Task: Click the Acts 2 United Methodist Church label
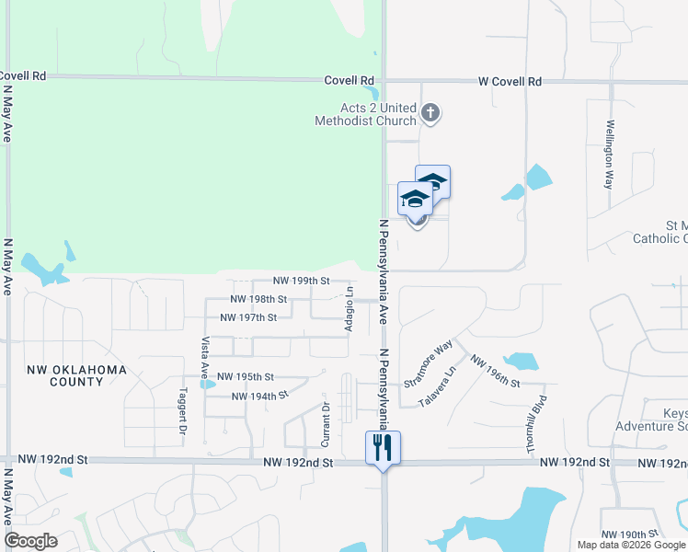365,114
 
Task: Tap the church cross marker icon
430,113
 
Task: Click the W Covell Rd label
509,81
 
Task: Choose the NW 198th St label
258,299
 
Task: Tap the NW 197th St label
248,317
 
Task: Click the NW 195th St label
246,376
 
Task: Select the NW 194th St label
260,396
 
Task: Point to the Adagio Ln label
350,314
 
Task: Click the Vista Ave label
204,356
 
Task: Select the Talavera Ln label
437,388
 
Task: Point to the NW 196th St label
495,371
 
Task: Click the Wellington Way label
609,154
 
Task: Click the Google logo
31,541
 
